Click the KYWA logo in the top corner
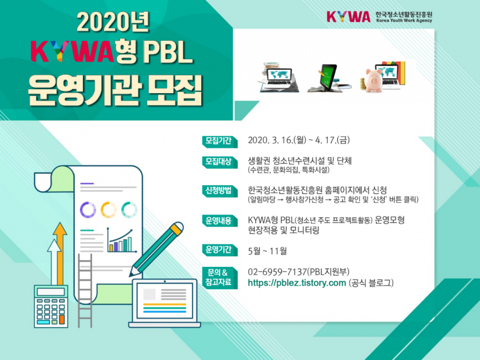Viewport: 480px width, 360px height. pos(348,16)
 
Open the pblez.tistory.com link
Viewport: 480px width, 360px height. pos(297,283)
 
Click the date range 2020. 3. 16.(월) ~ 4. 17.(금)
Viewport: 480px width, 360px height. pos(298,140)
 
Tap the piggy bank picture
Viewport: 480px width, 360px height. pos(376,78)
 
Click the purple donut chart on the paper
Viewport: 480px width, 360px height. pos(87,210)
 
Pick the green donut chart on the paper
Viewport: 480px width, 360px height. pos(129,210)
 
